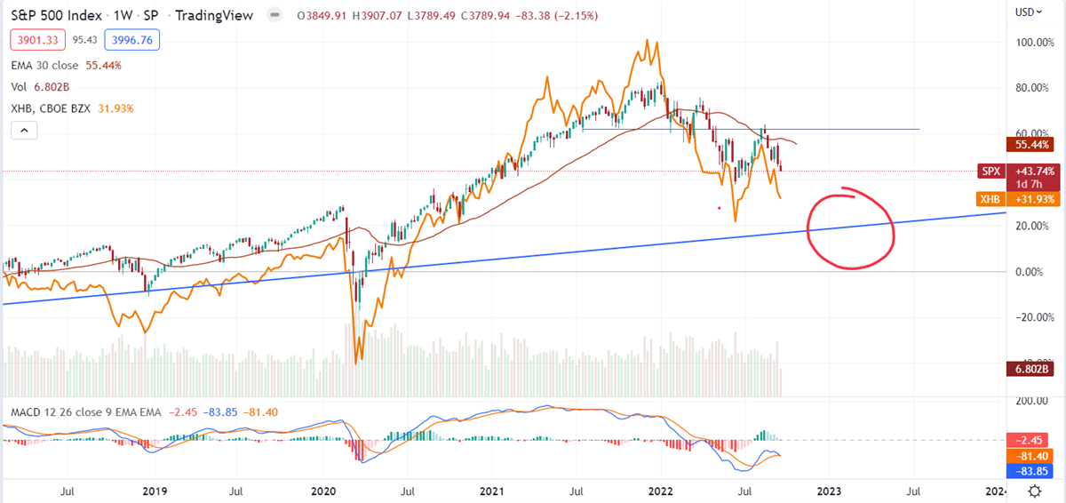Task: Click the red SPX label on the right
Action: point(990,170)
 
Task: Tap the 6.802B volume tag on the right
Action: point(1034,369)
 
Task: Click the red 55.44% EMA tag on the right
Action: point(1034,143)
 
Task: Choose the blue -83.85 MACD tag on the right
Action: point(1034,470)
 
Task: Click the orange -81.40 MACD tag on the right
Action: point(1034,455)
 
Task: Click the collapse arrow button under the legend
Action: point(24,131)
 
